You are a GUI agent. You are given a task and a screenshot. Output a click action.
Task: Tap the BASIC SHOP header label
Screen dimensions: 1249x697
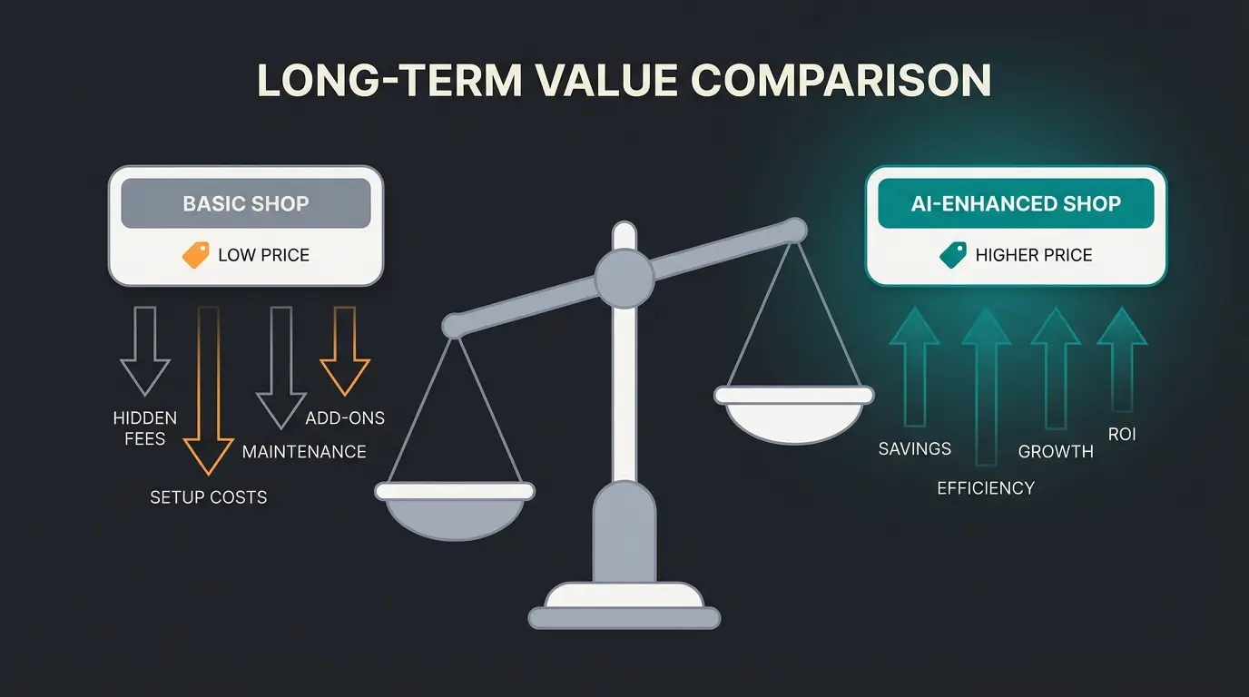click(x=246, y=203)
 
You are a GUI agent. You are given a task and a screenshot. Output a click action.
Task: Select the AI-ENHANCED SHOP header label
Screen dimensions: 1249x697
click(x=1016, y=203)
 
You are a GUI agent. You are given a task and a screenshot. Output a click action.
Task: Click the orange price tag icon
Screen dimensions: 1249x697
click(x=196, y=255)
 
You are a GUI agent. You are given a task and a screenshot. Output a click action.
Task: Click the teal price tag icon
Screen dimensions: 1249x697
click(x=953, y=255)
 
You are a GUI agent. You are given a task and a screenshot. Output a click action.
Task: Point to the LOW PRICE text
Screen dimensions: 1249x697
click(x=264, y=255)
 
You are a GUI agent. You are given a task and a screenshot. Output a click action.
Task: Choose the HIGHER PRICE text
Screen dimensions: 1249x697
click(x=1034, y=255)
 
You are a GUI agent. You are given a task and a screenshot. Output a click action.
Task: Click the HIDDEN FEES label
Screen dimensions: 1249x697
click(x=145, y=428)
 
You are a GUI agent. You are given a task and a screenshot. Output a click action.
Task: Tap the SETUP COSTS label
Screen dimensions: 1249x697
click(x=209, y=497)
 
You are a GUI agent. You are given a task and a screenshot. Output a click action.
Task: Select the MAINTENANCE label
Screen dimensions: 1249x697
click(x=304, y=452)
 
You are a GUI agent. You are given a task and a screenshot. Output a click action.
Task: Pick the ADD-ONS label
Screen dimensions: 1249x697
click(x=345, y=418)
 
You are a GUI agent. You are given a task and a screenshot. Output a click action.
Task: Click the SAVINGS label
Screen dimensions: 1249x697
click(x=915, y=449)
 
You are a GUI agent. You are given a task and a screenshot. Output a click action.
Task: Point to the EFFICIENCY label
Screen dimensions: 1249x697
click(x=986, y=488)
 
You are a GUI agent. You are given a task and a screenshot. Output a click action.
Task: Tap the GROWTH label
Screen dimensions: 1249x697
click(x=1056, y=452)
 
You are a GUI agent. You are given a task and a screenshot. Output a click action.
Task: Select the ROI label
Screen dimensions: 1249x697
click(x=1122, y=435)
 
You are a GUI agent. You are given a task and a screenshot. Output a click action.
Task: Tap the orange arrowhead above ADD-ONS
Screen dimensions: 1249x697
click(x=345, y=377)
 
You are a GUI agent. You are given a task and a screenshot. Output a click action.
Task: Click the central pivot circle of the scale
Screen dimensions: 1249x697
click(x=624, y=279)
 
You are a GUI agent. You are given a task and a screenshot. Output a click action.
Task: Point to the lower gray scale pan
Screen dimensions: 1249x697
click(x=455, y=511)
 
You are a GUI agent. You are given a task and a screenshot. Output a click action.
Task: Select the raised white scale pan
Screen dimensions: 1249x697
click(x=794, y=415)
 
